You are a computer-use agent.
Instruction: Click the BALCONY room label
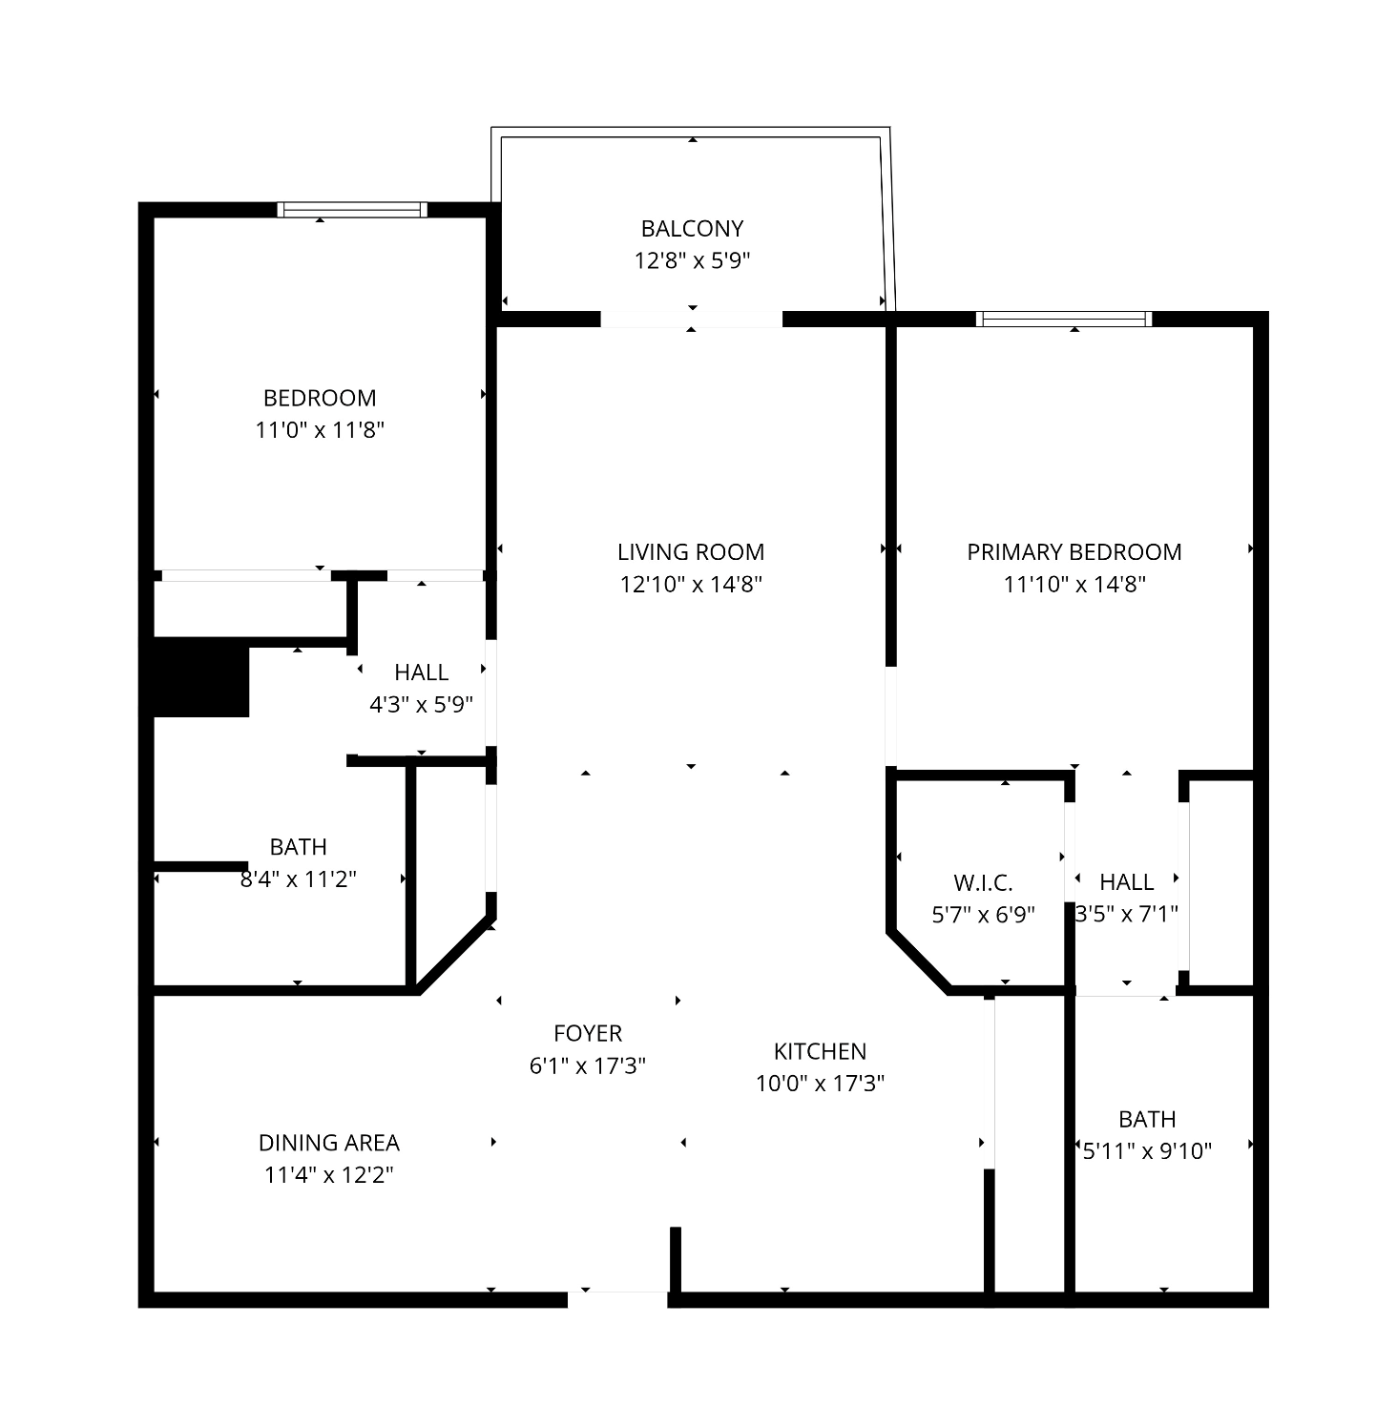(x=692, y=228)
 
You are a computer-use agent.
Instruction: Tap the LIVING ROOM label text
(x=691, y=551)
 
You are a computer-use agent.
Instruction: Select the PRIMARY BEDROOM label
(x=1074, y=551)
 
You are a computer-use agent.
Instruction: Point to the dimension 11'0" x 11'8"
(x=319, y=430)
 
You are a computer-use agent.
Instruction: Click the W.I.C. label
(x=983, y=883)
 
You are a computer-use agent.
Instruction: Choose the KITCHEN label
(x=820, y=1051)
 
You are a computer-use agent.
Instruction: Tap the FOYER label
(x=588, y=1033)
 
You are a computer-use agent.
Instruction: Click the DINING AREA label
(x=328, y=1143)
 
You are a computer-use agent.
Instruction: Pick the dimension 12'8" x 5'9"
(x=692, y=260)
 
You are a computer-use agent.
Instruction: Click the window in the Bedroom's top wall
(x=352, y=210)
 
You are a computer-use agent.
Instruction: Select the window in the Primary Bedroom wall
(x=1064, y=319)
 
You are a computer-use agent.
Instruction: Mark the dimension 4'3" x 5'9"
(x=422, y=704)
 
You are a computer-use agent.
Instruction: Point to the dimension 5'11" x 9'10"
(x=1147, y=1150)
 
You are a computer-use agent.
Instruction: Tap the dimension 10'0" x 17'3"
(x=820, y=1084)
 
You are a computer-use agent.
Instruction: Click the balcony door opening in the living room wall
(x=692, y=319)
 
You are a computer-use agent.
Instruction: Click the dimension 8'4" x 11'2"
(x=298, y=879)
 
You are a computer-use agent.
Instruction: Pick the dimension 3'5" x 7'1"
(x=1126, y=914)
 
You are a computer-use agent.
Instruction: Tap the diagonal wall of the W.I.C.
(x=919, y=961)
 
